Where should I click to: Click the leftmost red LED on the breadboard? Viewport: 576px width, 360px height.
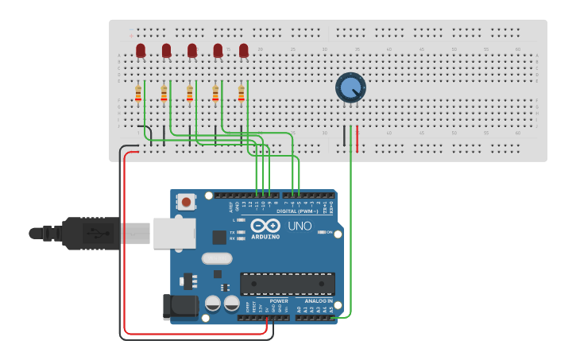click(x=141, y=51)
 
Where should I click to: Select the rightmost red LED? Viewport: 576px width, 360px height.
click(x=244, y=51)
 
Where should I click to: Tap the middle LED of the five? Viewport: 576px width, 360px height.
click(x=192, y=51)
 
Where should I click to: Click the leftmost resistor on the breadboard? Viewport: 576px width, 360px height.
click(x=138, y=94)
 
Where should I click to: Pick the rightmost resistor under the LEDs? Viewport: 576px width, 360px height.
click(x=242, y=94)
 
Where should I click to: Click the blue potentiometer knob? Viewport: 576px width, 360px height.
click(x=350, y=87)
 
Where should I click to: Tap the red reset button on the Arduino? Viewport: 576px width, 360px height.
click(x=186, y=202)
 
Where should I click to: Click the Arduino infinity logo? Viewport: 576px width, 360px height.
click(x=265, y=225)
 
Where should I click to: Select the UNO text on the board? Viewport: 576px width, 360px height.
click(x=299, y=226)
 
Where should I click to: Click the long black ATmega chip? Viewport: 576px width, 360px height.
click(x=287, y=284)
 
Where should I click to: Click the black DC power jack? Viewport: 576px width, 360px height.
click(x=180, y=308)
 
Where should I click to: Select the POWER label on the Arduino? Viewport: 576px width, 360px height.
click(x=279, y=301)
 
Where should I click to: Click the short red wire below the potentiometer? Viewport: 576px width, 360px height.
click(x=357, y=138)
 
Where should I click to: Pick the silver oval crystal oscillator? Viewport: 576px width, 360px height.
click(x=216, y=257)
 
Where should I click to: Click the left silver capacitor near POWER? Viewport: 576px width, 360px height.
click(x=213, y=303)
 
